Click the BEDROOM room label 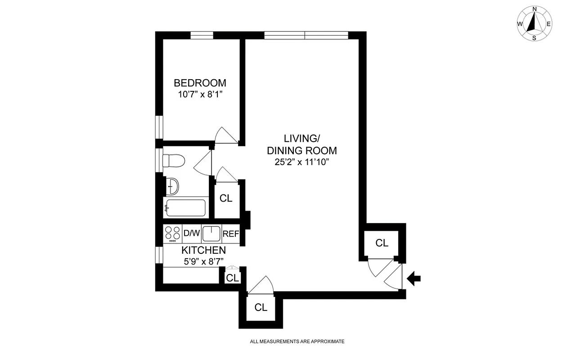click(200, 83)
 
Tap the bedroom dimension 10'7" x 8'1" click(200, 94)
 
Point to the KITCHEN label click(203, 250)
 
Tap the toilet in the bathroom click(173, 161)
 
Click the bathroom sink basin click(172, 185)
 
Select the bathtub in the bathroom click(185, 208)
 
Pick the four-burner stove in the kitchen click(172, 234)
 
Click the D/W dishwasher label click(191, 234)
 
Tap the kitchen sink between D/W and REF click(211, 234)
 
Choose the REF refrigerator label click(230, 234)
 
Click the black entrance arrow click(413, 279)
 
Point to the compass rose click(534, 23)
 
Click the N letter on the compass click(535, 9)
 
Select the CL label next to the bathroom click(226, 198)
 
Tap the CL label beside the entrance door click(382, 243)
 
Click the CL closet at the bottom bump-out click(261, 308)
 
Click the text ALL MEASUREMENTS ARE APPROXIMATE click(297, 342)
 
